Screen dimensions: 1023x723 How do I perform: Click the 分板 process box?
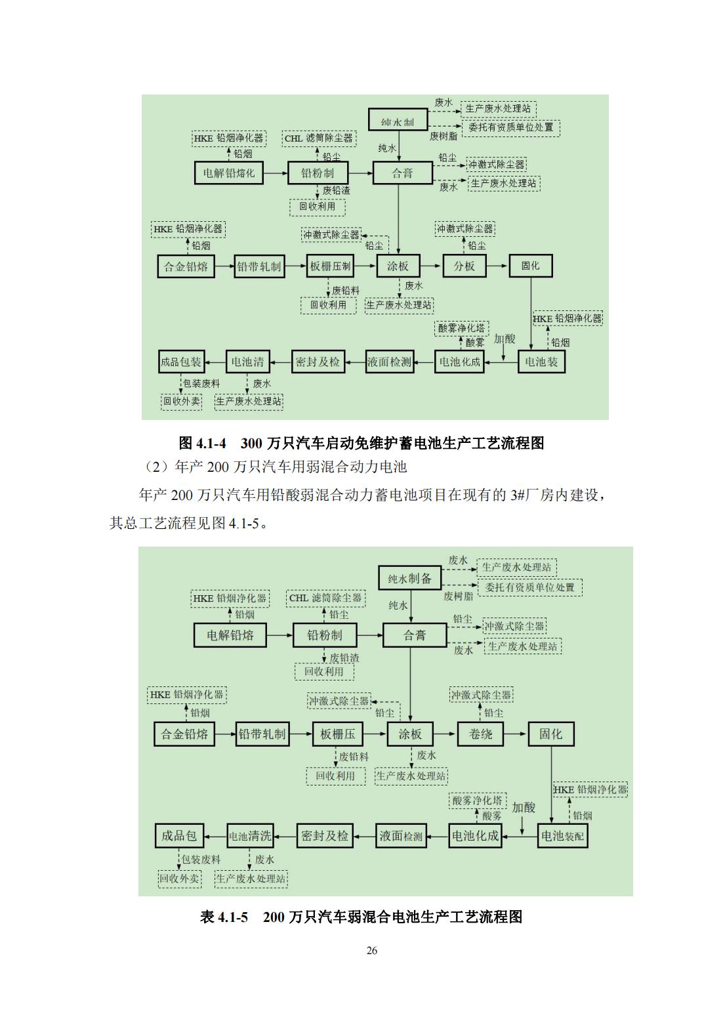point(465,266)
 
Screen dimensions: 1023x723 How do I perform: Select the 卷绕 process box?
point(480,734)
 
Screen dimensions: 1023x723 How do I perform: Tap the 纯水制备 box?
point(409,579)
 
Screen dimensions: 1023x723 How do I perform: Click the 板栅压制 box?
point(331,266)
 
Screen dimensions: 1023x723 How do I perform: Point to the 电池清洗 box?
point(249,836)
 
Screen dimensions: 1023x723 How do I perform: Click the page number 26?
point(372,951)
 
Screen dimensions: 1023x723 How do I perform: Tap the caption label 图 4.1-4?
point(202,444)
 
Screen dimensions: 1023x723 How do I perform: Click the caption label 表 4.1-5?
point(224,917)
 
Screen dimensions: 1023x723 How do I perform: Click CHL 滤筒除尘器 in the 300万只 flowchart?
point(318,138)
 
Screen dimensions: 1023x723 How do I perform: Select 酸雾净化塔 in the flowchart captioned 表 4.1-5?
point(478,801)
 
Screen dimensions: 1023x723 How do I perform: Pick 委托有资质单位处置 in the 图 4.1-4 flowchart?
point(511,127)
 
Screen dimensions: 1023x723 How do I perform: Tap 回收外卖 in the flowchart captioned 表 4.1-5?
point(180,879)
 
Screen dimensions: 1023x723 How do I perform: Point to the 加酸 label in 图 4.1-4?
point(505,339)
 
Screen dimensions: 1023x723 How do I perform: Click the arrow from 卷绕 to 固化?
point(517,734)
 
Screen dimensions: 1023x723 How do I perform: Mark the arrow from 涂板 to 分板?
point(431,266)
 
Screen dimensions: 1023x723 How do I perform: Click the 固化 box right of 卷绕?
point(550,734)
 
